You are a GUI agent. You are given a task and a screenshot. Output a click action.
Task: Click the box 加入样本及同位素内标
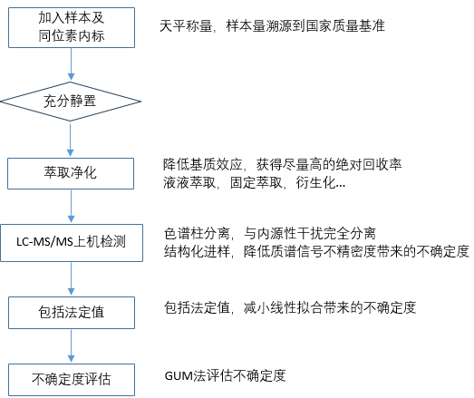click(71, 25)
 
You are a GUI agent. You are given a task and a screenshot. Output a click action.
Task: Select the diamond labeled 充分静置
click(71, 100)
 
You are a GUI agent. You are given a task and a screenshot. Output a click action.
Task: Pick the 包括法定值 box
click(71, 312)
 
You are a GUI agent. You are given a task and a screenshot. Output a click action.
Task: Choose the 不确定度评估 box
click(71, 375)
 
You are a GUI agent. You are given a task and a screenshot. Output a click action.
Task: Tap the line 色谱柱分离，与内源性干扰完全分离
click(273, 230)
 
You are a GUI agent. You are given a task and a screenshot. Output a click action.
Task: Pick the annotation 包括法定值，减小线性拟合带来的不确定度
click(290, 308)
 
